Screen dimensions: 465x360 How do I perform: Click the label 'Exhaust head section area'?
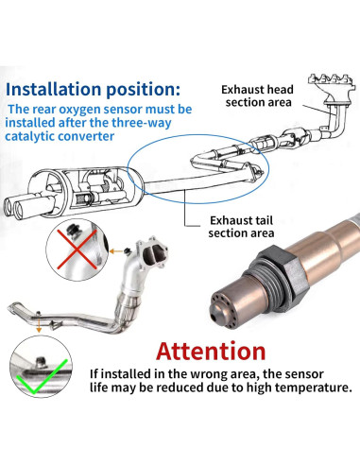point(258,95)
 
